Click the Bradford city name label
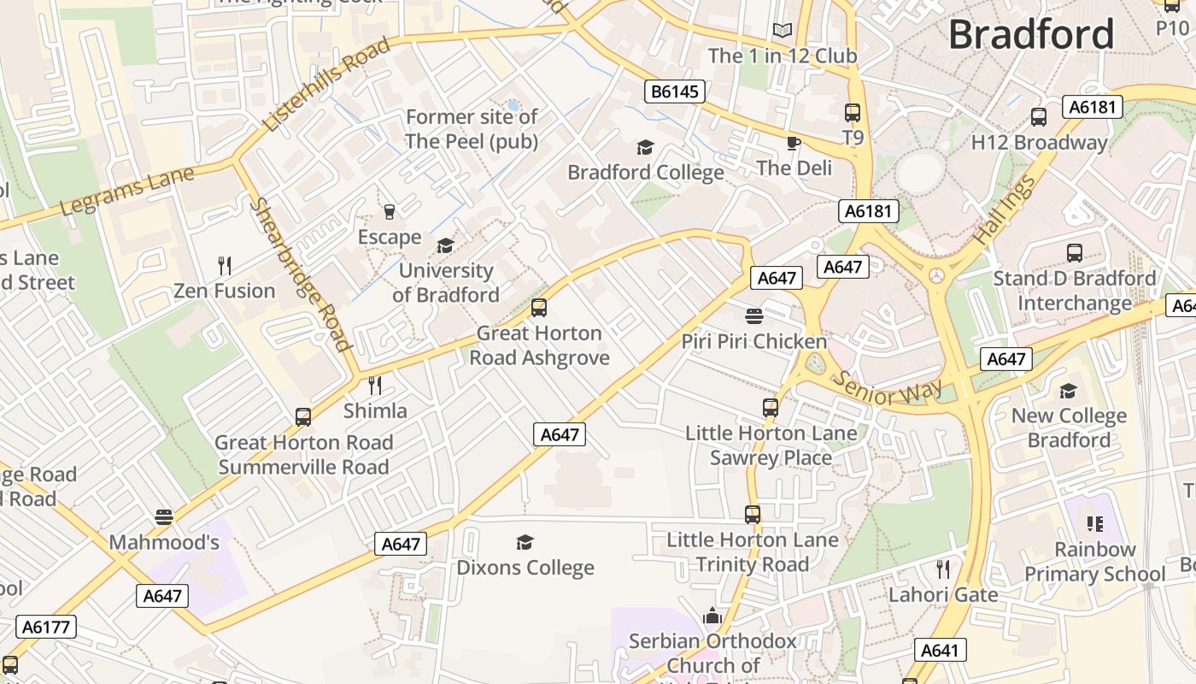(1031, 35)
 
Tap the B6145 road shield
(674, 91)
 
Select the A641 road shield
(940, 651)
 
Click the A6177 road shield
(45, 628)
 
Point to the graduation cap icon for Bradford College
(645, 148)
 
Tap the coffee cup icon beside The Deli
(794, 143)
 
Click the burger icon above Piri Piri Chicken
(753, 316)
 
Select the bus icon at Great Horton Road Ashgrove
(539, 308)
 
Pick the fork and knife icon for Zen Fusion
(225, 266)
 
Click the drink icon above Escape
(390, 212)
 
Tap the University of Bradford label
(446, 283)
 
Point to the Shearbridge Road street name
(300, 274)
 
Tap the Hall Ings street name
(1005, 209)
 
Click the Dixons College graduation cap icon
(525, 543)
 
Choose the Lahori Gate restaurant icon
(943, 569)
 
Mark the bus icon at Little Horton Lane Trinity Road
(753, 515)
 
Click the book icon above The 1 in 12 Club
(783, 31)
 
